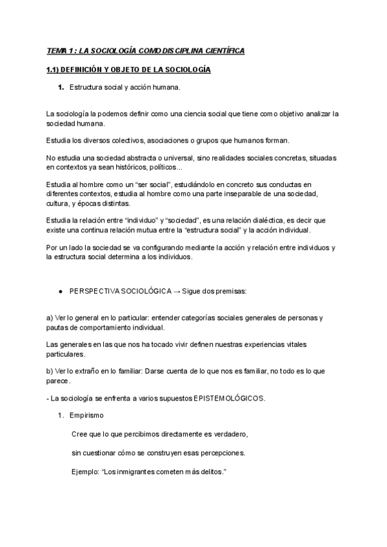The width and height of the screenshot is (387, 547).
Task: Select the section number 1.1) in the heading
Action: pyautogui.click(x=55, y=69)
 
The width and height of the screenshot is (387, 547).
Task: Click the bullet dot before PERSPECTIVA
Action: pyautogui.click(x=60, y=292)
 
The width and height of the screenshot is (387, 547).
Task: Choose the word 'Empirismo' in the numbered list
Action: pyautogui.click(x=88, y=415)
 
